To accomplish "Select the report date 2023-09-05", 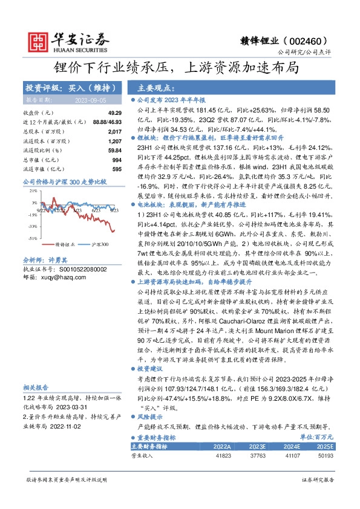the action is click(91, 100).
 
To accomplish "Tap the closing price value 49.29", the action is click(115, 113).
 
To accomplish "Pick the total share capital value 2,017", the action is click(115, 131).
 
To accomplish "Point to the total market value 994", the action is click(117, 159).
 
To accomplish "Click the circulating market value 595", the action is click(117, 168).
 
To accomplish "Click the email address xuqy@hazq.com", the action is click(65, 276).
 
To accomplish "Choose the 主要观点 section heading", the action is click(157, 87).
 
